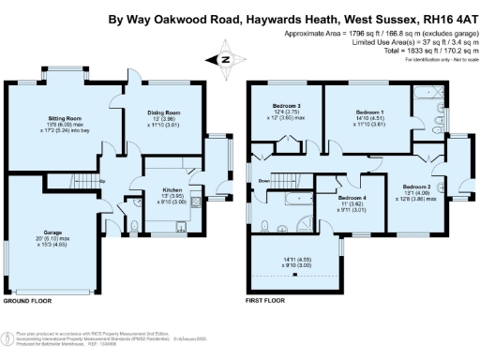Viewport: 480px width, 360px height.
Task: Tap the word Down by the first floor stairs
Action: [265, 180]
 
